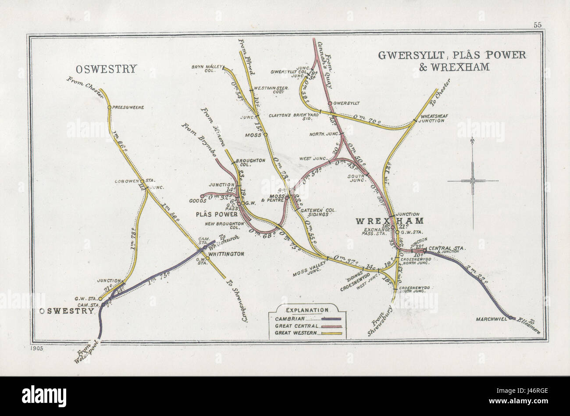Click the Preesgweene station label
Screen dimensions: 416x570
tap(128, 107)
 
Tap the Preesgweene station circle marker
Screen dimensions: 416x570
tap(109, 107)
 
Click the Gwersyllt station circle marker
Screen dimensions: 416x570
tap(330, 104)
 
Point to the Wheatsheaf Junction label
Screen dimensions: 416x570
tap(435, 118)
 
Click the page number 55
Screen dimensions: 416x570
tap(538, 25)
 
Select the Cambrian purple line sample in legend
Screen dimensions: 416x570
tap(331, 319)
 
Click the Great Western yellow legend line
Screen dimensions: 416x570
tap(331, 333)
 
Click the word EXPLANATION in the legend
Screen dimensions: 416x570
tap(307, 310)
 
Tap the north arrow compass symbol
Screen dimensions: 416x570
tap(473, 181)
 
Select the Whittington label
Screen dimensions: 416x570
tap(226, 254)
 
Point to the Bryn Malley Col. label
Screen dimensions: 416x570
tap(204, 69)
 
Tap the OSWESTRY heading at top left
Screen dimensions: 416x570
tap(107, 69)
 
